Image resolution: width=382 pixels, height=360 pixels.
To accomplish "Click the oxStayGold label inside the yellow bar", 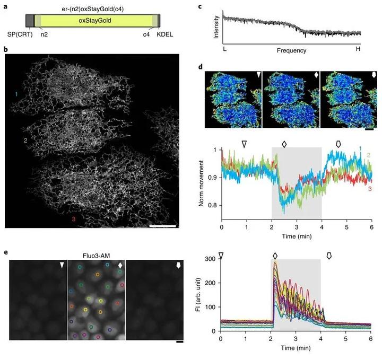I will (93, 21).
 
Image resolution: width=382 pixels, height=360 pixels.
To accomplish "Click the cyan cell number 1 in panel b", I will (16, 94).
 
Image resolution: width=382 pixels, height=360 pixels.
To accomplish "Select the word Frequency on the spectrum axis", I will (291, 50).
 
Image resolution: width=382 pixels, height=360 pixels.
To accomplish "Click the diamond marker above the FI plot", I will (275, 256).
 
